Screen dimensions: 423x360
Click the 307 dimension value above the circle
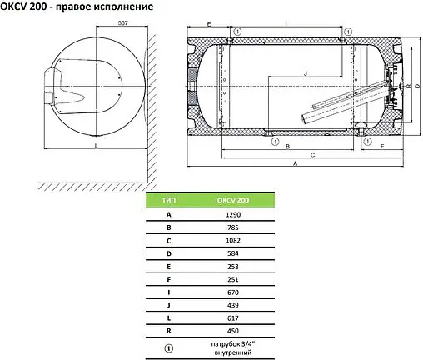(122, 22)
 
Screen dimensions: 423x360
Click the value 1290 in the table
(233, 215)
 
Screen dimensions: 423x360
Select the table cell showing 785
(233, 227)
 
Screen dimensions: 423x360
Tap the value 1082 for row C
(233, 241)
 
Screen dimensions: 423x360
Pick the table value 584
(233, 253)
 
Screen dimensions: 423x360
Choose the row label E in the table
(169, 267)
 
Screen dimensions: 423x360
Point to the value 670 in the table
(233, 292)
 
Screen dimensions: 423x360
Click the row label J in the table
(169, 305)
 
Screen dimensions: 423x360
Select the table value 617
(233, 318)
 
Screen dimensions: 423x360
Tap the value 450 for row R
(233, 331)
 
